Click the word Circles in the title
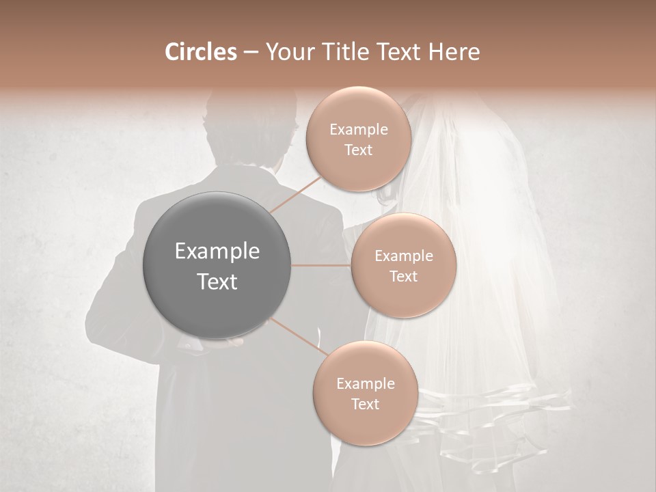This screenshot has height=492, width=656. point(200,52)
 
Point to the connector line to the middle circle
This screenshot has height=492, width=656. point(321,265)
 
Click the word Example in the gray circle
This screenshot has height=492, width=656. point(217,251)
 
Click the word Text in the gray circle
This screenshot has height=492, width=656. point(217,282)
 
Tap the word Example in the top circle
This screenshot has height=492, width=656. point(358,129)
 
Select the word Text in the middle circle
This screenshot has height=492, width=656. point(403,276)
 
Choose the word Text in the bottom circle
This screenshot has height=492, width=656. point(365,404)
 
